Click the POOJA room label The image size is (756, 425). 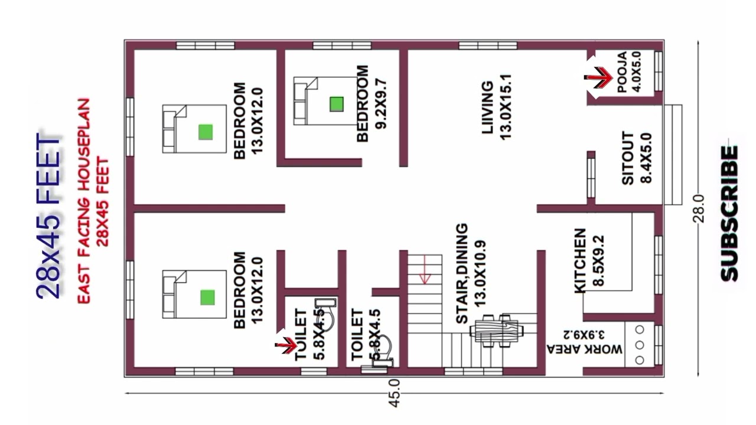[x=622, y=72]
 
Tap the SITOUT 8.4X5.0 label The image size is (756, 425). [x=637, y=158]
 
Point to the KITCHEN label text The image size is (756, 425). [x=580, y=261]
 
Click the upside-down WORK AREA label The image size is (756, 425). [x=585, y=349]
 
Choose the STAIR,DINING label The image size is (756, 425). [x=462, y=273]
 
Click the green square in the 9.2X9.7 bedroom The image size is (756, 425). [x=337, y=104]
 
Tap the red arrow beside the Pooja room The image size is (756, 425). [x=598, y=78]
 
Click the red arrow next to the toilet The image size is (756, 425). [x=286, y=345]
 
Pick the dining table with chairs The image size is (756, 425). [x=496, y=331]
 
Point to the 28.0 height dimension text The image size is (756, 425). [x=698, y=208]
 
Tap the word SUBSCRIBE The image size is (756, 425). [x=729, y=214]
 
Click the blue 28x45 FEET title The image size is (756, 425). [x=48, y=216]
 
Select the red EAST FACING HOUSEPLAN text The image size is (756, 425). [x=84, y=201]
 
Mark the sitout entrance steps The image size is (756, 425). [x=673, y=155]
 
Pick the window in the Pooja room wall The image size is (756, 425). [x=658, y=71]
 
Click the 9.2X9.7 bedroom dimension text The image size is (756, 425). [x=382, y=104]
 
